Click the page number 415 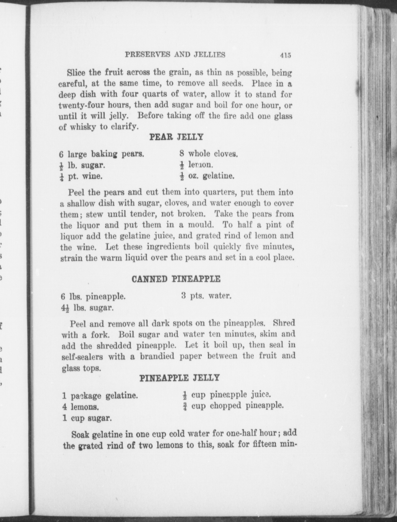[x=285, y=55]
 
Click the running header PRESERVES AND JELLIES [x=175, y=54]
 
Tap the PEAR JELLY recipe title [x=176, y=137]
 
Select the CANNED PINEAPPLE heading [x=176, y=279]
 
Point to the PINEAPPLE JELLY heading [x=179, y=378]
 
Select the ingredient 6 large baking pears [x=102, y=154]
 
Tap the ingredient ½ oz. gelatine [x=207, y=176]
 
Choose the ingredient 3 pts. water [x=206, y=296]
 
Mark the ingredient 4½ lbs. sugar [x=87, y=307]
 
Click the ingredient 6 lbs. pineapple [x=93, y=297]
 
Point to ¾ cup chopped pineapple [x=233, y=406]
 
